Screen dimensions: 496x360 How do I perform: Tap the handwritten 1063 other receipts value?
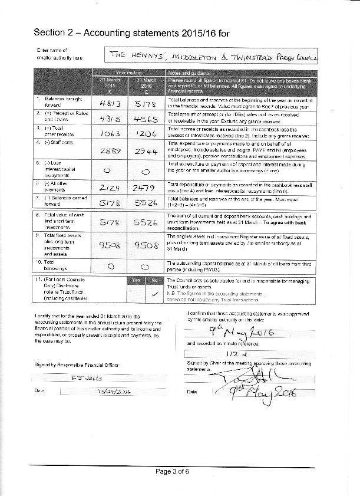coord(110,133)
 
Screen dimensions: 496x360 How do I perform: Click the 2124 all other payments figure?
coord(110,188)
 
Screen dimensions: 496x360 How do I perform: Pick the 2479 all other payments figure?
coord(145,188)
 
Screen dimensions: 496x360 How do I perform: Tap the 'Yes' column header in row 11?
coord(136,280)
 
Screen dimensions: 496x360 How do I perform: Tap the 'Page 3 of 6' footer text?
coord(173,471)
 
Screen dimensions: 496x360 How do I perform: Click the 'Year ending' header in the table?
coord(127,72)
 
